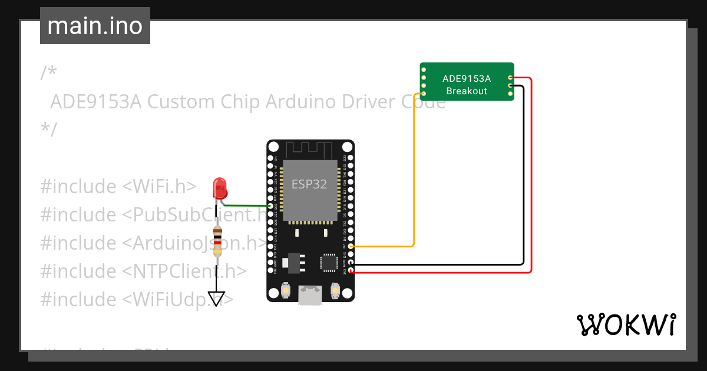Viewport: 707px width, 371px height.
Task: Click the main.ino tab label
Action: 95,26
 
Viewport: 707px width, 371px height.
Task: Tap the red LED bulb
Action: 220,188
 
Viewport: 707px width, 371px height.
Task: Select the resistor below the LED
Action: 217,241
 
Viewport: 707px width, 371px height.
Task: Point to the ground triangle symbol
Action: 217,299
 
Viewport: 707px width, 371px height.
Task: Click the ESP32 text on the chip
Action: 309,184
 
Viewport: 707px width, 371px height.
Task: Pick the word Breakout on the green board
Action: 467,91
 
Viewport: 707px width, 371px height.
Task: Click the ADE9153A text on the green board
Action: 467,78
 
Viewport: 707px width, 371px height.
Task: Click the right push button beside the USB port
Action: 335,290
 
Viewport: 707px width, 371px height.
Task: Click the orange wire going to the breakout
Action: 414,177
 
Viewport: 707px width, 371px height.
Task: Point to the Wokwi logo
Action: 626,324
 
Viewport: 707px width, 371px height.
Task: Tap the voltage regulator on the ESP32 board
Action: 292,262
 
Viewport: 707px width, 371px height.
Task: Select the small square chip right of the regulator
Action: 327,262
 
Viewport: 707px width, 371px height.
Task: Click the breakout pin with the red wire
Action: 510,78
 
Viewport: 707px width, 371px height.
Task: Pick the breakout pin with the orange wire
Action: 424,93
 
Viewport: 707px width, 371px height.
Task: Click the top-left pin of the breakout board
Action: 424,69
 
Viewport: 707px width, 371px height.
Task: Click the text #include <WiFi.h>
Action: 118,187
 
